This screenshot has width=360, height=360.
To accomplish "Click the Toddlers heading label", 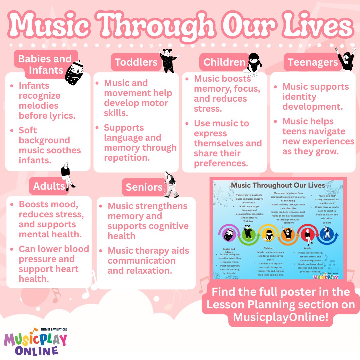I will (x=136, y=62).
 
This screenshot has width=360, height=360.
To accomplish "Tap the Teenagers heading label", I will (x=313, y=62).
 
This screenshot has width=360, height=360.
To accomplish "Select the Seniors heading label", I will (x=144, y=187).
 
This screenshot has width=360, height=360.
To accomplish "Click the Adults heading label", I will (x=49, y=186).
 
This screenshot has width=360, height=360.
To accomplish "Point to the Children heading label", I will (x=224, y=62).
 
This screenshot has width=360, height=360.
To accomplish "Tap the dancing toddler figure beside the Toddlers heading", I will (x=168, y=60).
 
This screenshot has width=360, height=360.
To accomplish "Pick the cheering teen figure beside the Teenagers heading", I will (x=346, y=59).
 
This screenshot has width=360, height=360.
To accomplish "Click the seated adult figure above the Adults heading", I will (x=67, y=175).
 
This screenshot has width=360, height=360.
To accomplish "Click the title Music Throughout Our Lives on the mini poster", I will (x=278, y=185).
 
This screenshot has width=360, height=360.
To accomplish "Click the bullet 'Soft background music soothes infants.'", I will (x=50, y=145).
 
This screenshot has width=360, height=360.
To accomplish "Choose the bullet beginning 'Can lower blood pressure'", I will (x=53, y=264).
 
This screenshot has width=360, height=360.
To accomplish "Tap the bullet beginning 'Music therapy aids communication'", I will (x=148, y=260).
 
